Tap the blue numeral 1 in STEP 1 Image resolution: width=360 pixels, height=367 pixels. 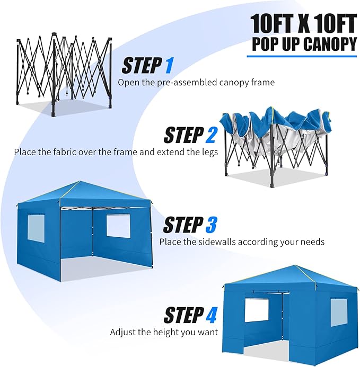[x=169, y=66]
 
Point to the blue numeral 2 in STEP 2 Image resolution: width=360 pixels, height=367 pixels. [x=210, y=135]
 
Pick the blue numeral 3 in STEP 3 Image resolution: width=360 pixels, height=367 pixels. [x=210, y=225]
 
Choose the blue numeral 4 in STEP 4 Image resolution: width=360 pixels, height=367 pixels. [x=211, y=316]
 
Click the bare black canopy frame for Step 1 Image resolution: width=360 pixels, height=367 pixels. [x=64, y=74]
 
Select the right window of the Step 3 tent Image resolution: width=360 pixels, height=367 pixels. [x=118, y=226]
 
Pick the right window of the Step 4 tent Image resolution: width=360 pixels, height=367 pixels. [x=339, y=312]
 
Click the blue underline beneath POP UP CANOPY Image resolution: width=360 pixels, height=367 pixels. [x=302, y=56]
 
